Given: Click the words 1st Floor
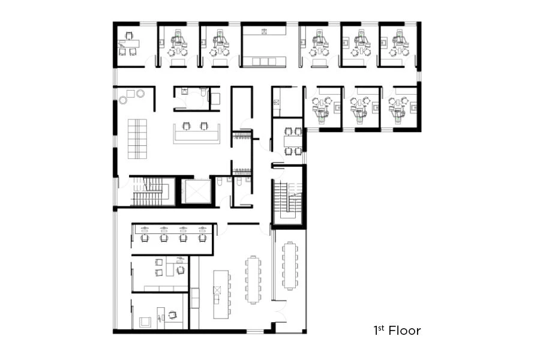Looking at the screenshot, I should click(397, 330).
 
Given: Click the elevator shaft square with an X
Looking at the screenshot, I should click(198, 192).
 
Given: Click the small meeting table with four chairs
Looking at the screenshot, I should click(293, 141).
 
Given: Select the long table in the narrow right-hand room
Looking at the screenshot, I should click(290, 265).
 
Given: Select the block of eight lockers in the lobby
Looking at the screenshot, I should click(136, 139).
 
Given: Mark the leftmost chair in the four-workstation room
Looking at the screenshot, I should click(145, 238).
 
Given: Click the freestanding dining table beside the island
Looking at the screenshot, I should click(251, 280).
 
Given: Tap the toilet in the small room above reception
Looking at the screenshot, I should click(205, 94).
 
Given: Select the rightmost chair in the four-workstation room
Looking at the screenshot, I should click(202, 238).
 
